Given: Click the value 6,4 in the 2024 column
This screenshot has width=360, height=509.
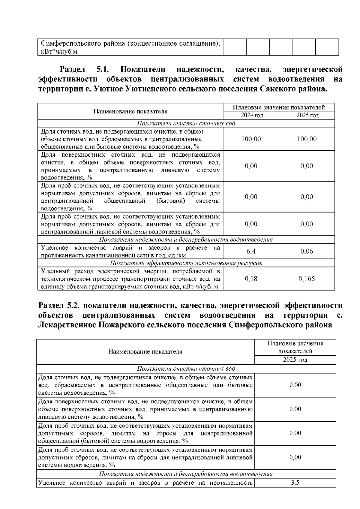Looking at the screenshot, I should tap(251, 251).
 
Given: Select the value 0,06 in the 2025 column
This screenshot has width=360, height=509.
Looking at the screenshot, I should tap(307, 251).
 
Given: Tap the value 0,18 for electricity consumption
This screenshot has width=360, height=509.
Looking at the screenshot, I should tap(251, 279).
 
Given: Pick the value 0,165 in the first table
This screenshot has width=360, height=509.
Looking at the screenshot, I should tap(307, 279).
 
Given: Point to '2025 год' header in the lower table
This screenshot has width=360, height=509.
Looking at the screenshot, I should tap(295, 360).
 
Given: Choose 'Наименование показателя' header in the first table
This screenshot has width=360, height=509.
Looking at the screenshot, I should tap(130, 112).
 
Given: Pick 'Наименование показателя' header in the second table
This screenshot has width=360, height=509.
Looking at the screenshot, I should tap(145, 352).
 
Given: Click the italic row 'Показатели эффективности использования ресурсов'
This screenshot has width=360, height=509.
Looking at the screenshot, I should tap(186, 263).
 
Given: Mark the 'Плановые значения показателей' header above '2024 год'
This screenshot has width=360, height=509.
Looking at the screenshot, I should tap(279, 107).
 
